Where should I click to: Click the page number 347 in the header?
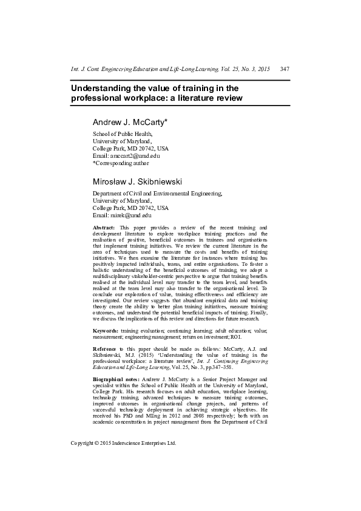click(x=285, y=69)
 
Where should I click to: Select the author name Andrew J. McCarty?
click(x=130, y=122)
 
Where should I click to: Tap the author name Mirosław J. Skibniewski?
click(x=137, y=181)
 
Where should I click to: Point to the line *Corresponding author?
click(x=120, y=163)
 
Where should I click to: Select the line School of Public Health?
click(x=122, y=134)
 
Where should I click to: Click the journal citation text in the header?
click(x=170, y=69)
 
